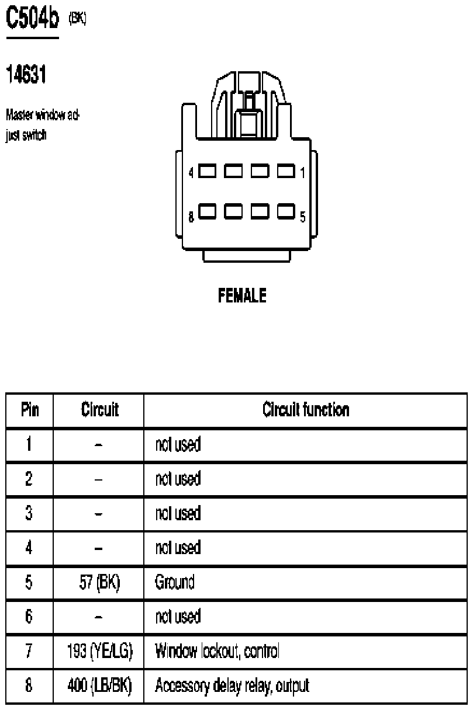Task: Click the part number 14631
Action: tap(26, 74)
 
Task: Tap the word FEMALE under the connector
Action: tap(242, 296)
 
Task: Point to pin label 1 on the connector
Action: tap(302, 172)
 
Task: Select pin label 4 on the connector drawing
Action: tap(191, 172)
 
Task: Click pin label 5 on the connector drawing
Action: tap(302, 217)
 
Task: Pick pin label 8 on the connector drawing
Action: tap(191, 218)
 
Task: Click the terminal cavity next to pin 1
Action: tap(286, 172)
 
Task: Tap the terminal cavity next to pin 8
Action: tap(208, 210)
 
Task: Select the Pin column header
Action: tap(30, 410)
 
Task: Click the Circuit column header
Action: tap(99, 410)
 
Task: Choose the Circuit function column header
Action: tap(306, 410)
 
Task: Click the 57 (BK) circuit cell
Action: tap(99, 583)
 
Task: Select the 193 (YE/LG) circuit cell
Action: tap(99, 651)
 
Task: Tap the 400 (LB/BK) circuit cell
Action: tap(99, 685)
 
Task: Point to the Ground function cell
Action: tap(174, 583)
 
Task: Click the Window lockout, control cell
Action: tap(217, 651)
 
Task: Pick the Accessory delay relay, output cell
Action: tap(232, 685)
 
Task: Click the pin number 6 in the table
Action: tap(29, 617)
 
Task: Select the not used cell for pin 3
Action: tap(178, 514)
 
